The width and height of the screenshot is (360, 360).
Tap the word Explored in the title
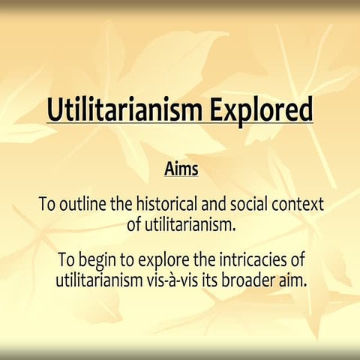262,109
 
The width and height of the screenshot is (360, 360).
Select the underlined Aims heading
181,169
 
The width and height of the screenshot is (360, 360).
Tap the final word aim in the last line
294,280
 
